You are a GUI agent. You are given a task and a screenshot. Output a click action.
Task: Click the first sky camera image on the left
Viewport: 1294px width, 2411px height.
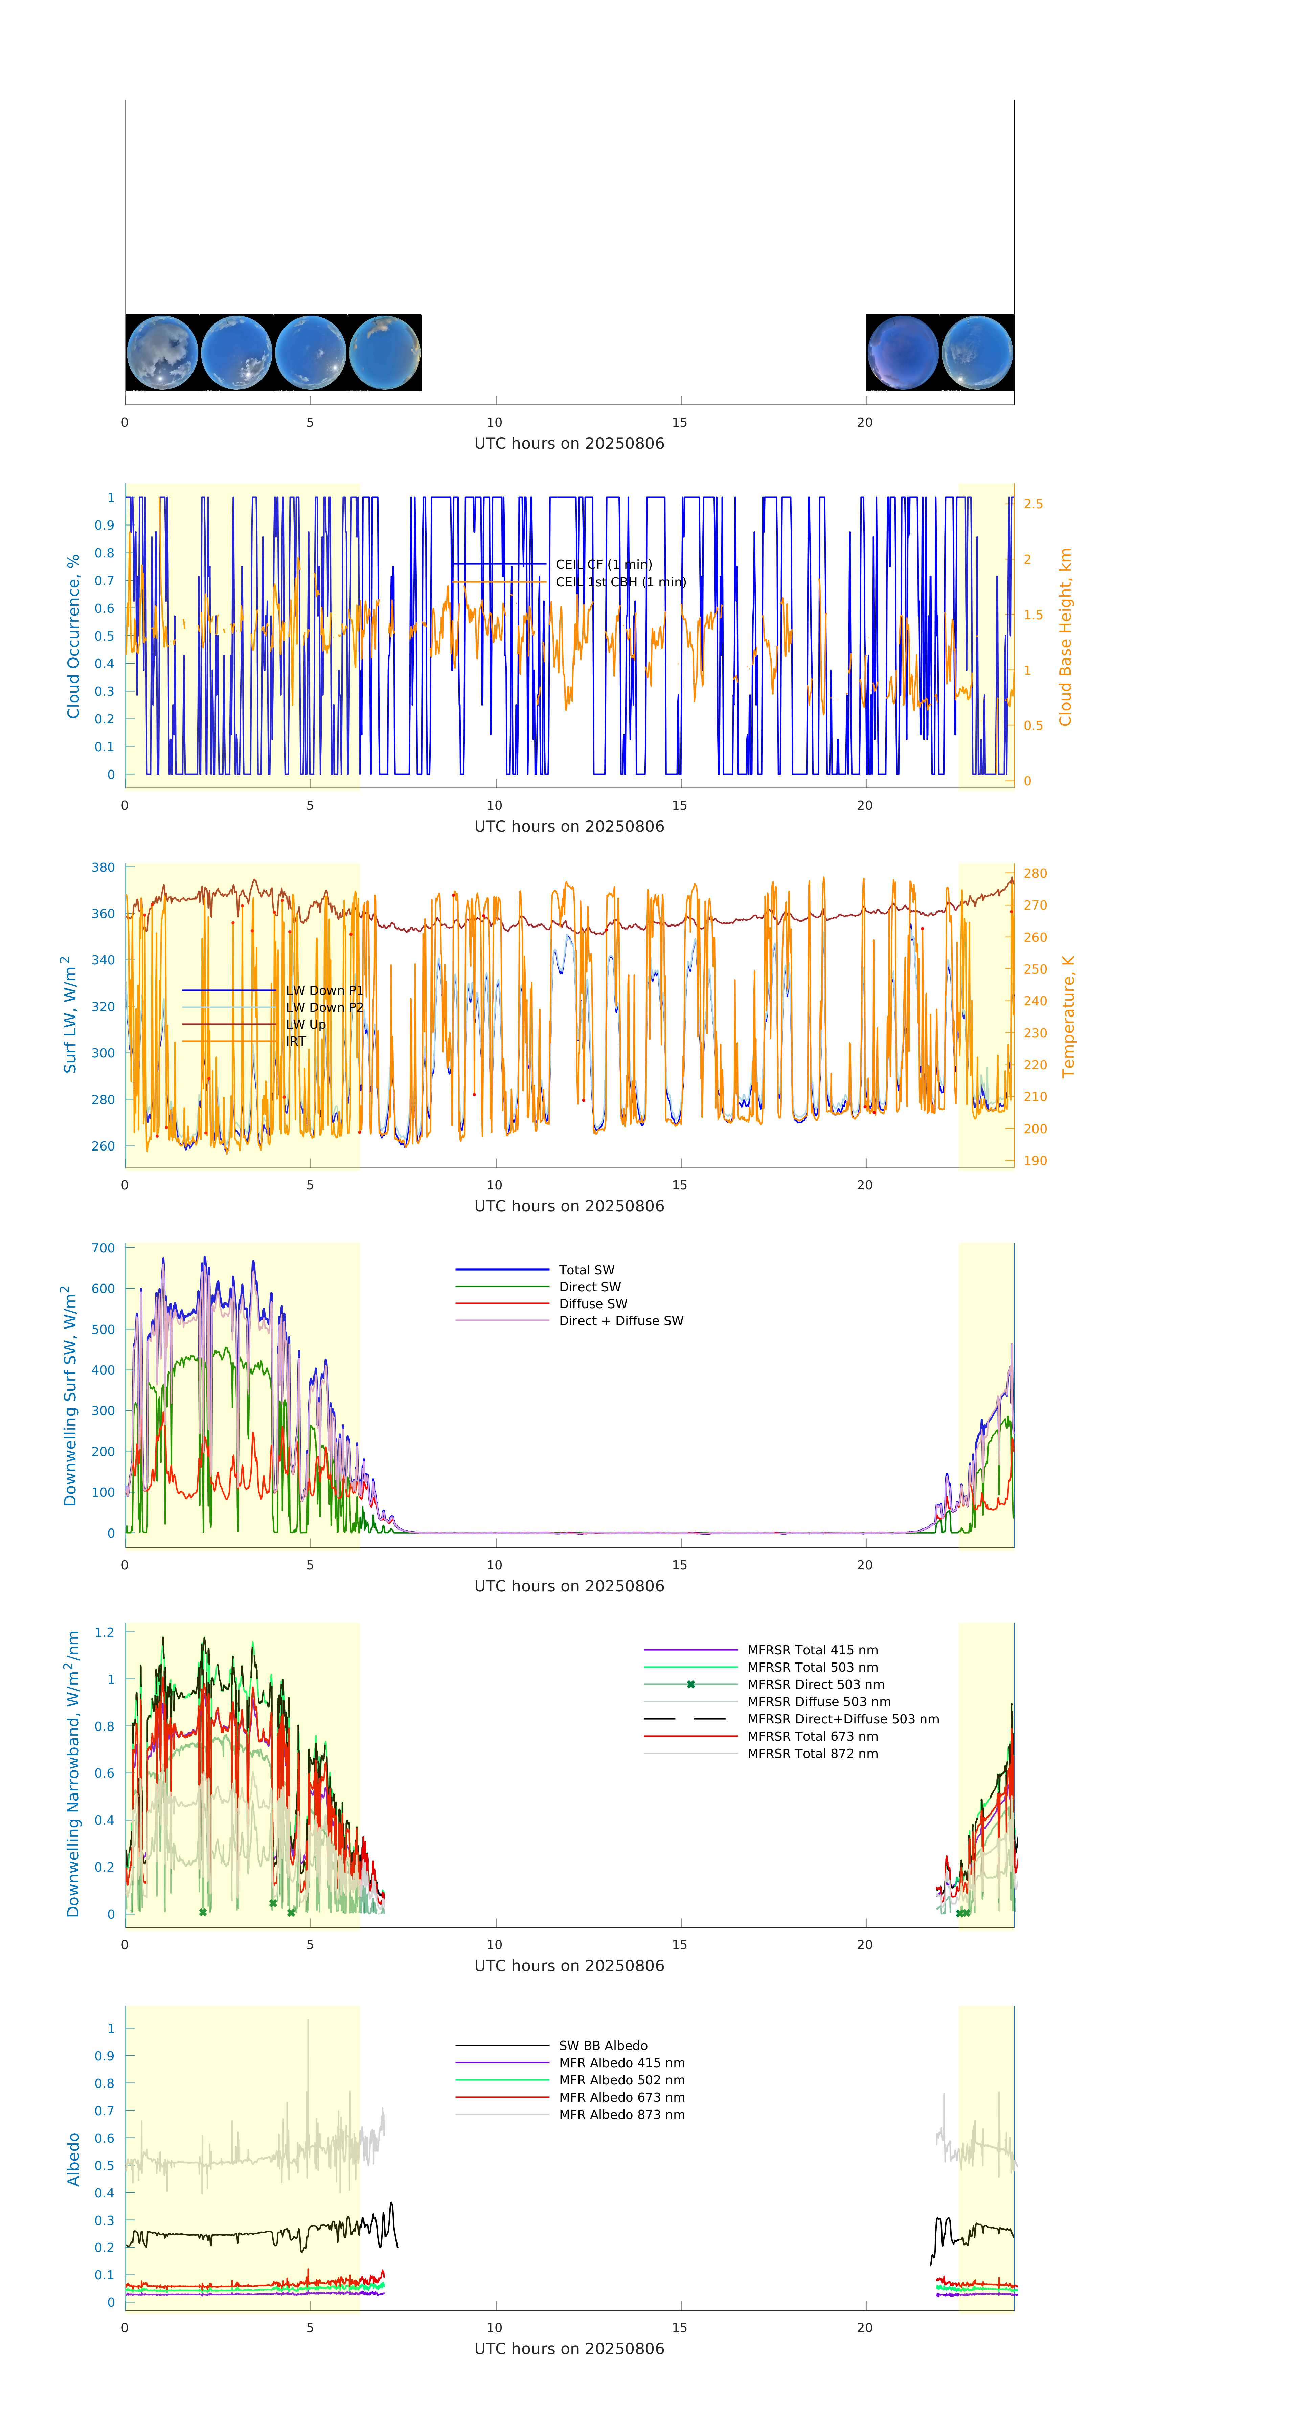point(162,353)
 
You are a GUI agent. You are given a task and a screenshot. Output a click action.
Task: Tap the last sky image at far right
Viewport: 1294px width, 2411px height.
point(977,353)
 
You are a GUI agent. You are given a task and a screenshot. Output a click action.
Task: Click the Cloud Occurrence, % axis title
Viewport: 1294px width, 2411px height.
point(73,637)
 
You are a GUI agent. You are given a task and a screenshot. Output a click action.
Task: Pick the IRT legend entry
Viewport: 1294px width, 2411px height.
point(296,1041)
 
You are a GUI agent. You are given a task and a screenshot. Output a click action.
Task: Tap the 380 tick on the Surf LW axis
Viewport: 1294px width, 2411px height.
point(103,868)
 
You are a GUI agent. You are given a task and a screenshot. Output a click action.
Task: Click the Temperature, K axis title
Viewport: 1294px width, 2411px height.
point(1068,1017)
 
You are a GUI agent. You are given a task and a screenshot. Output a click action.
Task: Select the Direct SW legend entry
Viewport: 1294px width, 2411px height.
point(589,1287)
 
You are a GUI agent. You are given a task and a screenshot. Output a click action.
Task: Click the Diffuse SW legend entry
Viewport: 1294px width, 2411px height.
point(593,1304)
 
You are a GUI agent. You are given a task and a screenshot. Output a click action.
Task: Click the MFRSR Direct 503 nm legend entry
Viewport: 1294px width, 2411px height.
point(815,1685)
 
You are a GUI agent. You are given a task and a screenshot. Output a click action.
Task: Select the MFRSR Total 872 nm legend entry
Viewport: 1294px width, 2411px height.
point(812,1754)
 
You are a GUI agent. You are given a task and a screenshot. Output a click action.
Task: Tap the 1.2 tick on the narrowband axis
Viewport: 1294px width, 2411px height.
point(104,1632)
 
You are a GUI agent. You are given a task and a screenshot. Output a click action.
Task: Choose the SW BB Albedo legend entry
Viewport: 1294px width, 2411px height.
point(603,2046)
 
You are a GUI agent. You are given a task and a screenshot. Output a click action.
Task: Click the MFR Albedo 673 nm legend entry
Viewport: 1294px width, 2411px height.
point(621,2097)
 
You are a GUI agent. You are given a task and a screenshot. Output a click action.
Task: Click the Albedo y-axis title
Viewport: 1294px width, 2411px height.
point(73,2159)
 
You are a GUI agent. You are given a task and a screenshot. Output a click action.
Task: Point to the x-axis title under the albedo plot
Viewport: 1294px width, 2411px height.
point(569,2349)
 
